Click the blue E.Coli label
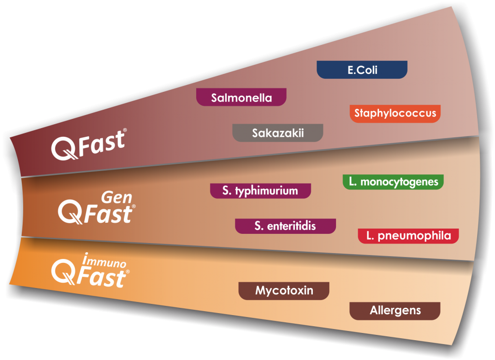[362, 70]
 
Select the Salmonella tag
[241, 98]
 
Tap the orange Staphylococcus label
[395, 114]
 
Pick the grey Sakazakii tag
[277, 133]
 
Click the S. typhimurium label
[260, 190]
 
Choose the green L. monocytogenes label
[393, 182]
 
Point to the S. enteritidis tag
[285, 226]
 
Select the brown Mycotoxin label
[284, 291]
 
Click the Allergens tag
[395, 311]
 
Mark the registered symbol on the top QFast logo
[125, 130]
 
